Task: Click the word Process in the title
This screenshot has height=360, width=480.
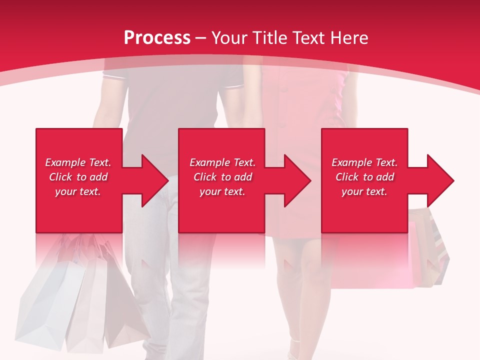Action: coord(157,37)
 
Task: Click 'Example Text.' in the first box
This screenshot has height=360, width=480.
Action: coord(78,162)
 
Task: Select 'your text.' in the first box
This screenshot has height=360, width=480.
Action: coord(78,191)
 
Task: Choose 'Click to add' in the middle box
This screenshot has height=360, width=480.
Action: coord(222,177)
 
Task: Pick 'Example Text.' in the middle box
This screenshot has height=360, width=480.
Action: coord(222,162)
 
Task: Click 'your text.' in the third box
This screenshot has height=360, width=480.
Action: coord(364,191)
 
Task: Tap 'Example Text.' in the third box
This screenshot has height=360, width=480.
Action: coord(364,162)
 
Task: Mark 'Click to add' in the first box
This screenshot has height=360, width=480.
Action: coord(78,177)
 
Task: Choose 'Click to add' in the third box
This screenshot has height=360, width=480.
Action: coord(364,177)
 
